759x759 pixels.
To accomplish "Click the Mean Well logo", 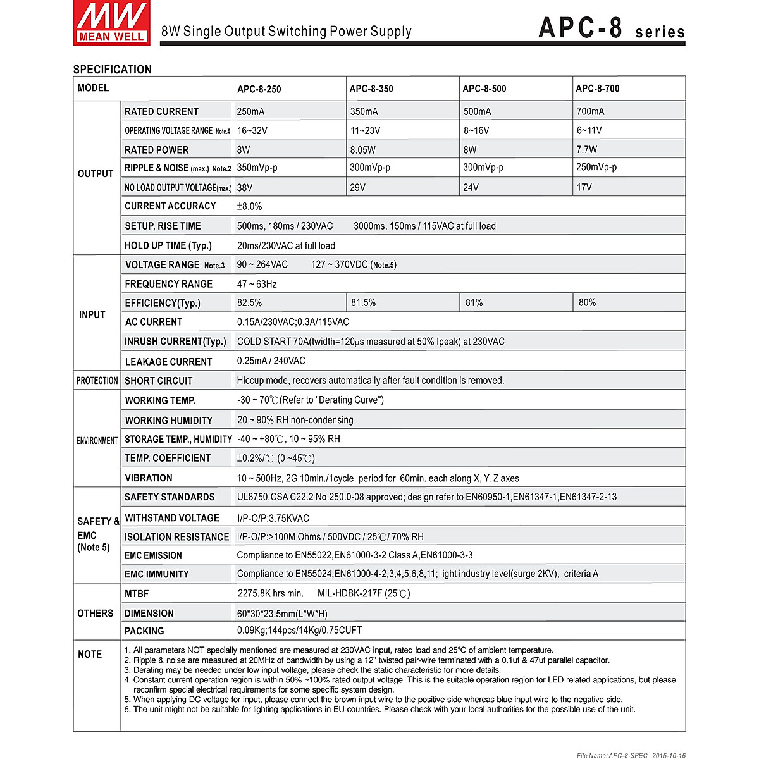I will [112, 23].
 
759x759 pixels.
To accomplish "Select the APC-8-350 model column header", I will [371, 89].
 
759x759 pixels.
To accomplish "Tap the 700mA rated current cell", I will [590, 112].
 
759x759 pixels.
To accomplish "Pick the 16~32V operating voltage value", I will [252, 131].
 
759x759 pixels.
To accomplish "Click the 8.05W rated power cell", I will [362, 150].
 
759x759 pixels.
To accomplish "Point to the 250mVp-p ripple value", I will [596, 168].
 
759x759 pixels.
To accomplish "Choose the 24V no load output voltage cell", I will [471, 188].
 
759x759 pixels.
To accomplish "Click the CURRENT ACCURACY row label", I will [170, 206].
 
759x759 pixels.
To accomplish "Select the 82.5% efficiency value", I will [249, 303].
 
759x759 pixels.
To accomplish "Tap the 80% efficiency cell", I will [587, 303].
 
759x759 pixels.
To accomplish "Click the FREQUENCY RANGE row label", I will [168, 284].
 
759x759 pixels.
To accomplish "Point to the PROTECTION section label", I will [97, 381].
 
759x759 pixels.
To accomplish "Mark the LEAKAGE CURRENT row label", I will [168, 362].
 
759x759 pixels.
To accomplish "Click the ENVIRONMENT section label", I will [97, 441].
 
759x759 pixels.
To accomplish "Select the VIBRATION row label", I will [149, 478].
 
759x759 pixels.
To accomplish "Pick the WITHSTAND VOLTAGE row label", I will [172, 518].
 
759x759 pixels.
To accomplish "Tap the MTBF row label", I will [137, 594].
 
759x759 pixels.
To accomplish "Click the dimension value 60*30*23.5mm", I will [282, 614].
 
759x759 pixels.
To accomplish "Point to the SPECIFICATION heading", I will [113, 70].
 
